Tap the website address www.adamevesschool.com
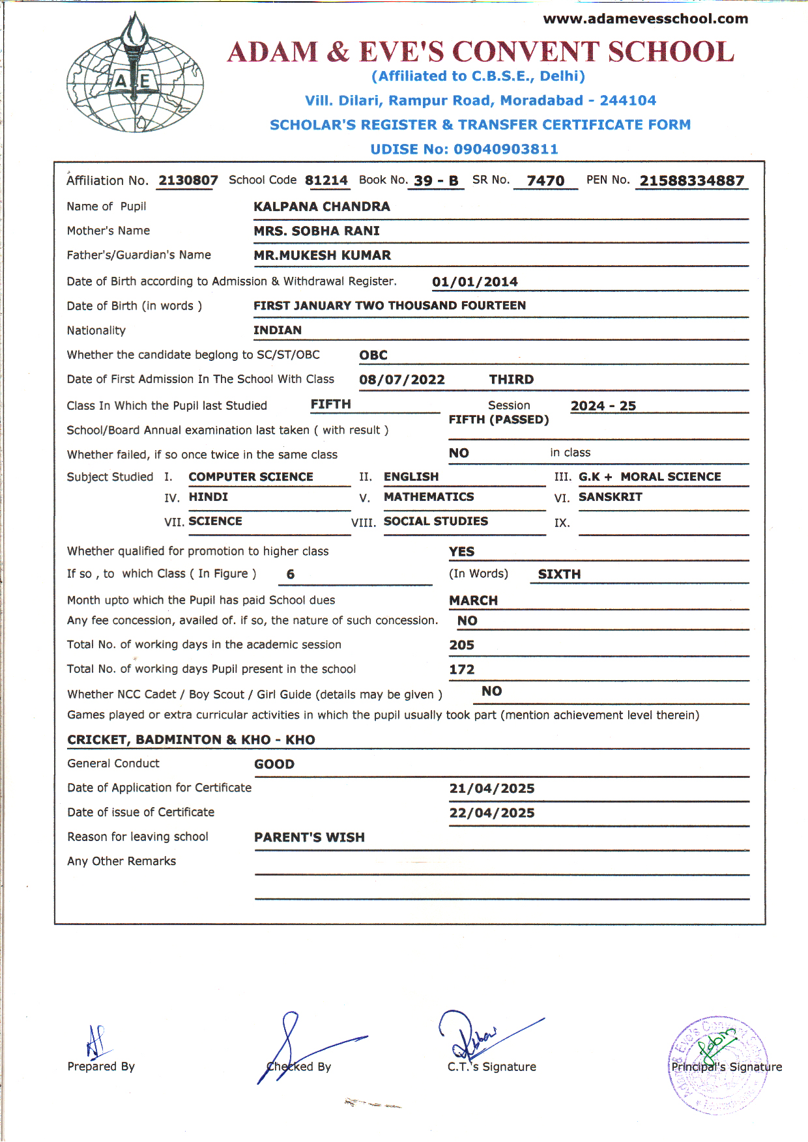point(645,19)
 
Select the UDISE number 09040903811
point(506,149)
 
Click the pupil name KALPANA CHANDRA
point(321,207)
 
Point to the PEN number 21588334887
point(691,181)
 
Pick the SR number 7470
point(545,181)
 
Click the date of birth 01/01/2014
point(474,282)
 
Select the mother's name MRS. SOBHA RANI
point(316,231)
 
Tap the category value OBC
point(373,356)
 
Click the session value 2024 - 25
point(603,406)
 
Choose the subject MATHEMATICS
point(429,497)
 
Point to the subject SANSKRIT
point(610,497)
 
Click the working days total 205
point(461,645)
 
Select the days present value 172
point(461,670)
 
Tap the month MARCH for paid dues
point(473,601)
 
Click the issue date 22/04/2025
point(491,813)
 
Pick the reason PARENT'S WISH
point(309,838)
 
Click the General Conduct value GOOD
point(274,764)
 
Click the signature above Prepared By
point(96,1041)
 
